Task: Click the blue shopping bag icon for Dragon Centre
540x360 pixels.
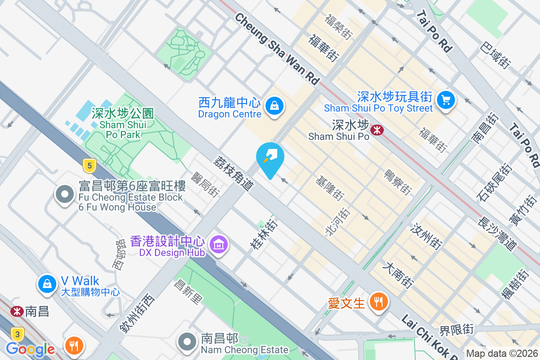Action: [x=273, y=106]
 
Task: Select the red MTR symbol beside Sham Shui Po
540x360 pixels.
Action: [x=377, y=130]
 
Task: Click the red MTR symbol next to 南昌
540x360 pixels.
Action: [x=17, y=311]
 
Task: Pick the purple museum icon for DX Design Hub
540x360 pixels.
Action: [x=219, y=245]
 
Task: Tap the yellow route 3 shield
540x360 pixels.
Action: [x=17, y=334]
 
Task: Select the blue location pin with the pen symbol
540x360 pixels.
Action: [x=270, y=158]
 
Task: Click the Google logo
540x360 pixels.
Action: [x=30, y=349]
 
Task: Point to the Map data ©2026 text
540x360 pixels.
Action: [x=502, y=354]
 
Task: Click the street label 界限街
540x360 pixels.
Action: [x=457, y=331]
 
